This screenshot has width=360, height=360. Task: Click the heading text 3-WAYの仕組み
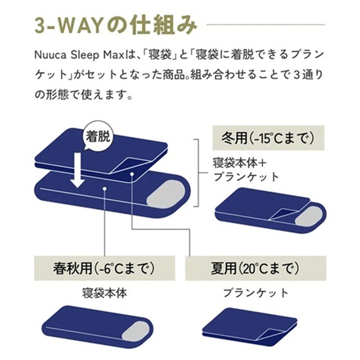pyautogui.click(x=115, y=26)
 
